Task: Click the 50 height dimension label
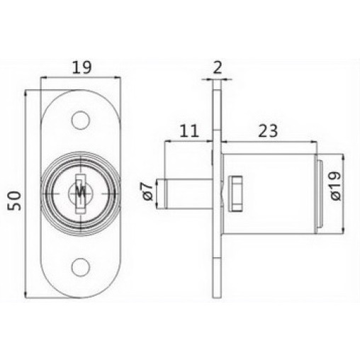click(x=14, y=201)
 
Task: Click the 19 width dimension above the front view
click(x=81, y=67)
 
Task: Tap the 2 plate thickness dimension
click(x=218, y=67)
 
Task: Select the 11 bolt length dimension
click(x=189, y=131)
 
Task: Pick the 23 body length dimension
click(x=268, y=131)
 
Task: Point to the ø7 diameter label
click(x=147, y=191)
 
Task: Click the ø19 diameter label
click(x=335, y=186)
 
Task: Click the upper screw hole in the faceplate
click(x=81, y=120)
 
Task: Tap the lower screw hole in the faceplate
click(x=81, y=267)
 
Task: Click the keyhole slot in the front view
click(x=80, y=193)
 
